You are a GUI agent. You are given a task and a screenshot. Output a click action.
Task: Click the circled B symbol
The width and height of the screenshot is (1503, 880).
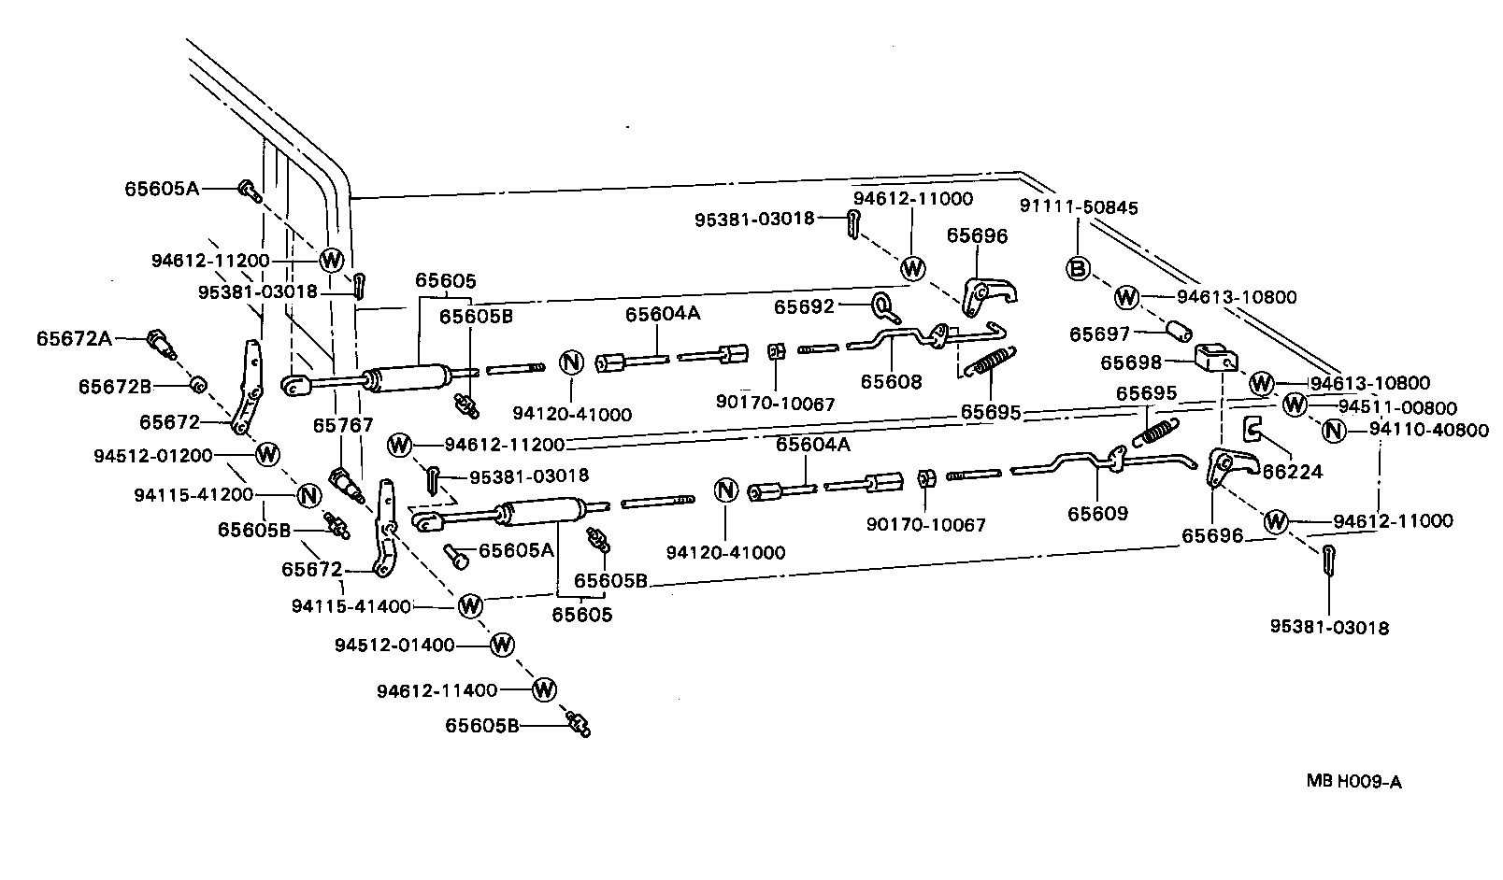1078,269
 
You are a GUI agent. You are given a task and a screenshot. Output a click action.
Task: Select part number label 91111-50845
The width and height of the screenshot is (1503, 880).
1079,207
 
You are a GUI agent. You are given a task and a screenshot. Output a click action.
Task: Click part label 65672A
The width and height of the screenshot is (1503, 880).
74,338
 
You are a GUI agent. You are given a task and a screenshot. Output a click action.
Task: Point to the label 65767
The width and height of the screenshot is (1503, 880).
336,425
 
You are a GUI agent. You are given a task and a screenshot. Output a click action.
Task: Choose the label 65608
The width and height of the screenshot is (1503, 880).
891,381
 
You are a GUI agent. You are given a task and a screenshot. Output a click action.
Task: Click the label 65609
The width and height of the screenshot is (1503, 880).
1097,513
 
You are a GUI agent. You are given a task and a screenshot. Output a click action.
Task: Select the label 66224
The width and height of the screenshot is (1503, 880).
1292,472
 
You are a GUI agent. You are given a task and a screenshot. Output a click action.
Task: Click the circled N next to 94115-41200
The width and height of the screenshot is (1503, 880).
307,495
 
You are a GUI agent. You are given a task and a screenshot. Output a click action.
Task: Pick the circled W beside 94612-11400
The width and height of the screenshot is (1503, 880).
543,690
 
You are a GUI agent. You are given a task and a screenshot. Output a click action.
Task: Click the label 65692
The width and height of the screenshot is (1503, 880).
804,305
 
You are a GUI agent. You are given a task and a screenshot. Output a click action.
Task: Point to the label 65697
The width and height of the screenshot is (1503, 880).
1099,334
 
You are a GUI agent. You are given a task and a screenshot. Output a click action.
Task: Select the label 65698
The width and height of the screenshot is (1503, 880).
1131,362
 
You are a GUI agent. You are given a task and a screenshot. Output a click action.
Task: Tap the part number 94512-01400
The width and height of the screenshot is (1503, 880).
394,645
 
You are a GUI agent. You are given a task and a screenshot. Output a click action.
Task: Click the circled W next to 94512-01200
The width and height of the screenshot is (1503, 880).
267,454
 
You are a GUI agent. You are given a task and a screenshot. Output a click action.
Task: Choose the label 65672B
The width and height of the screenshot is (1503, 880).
115,385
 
